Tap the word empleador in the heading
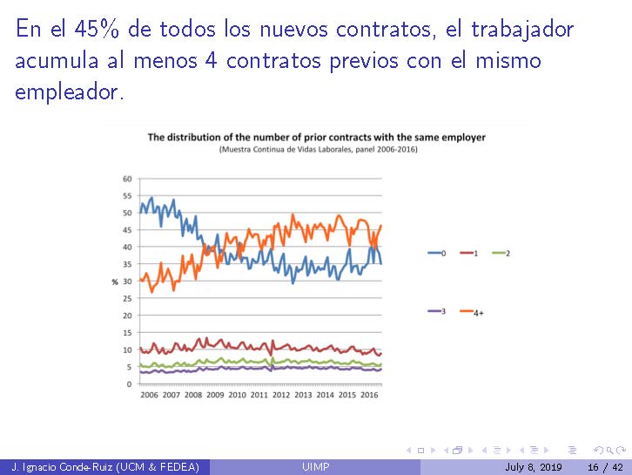pyautogui.click(x=70, y=92)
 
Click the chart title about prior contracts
pyautogui.click(x=316, y=137)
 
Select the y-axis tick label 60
pyautogui.click(x=127, y=179)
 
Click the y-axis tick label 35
pyautogui.click(x=127, y=264)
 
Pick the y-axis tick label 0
pyautogui.click(x=129, y=383)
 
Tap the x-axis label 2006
pyautogui.click(x=149, y=395)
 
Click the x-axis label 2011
pyautogui.click(x=259, y=395)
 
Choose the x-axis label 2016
pyautogui.click(x=369, y=395)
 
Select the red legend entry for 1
pyautogui.click(x=469, y=253)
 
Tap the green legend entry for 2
pyautogui.click(x=501, y=253)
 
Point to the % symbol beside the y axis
pyautogui.click(x=114, y=281)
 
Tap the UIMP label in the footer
pyautogui.click(x=315, y=468)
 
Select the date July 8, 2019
pyautogui.click(x=533, y=468)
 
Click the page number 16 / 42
pyautogui.click(x=606, y=468)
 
